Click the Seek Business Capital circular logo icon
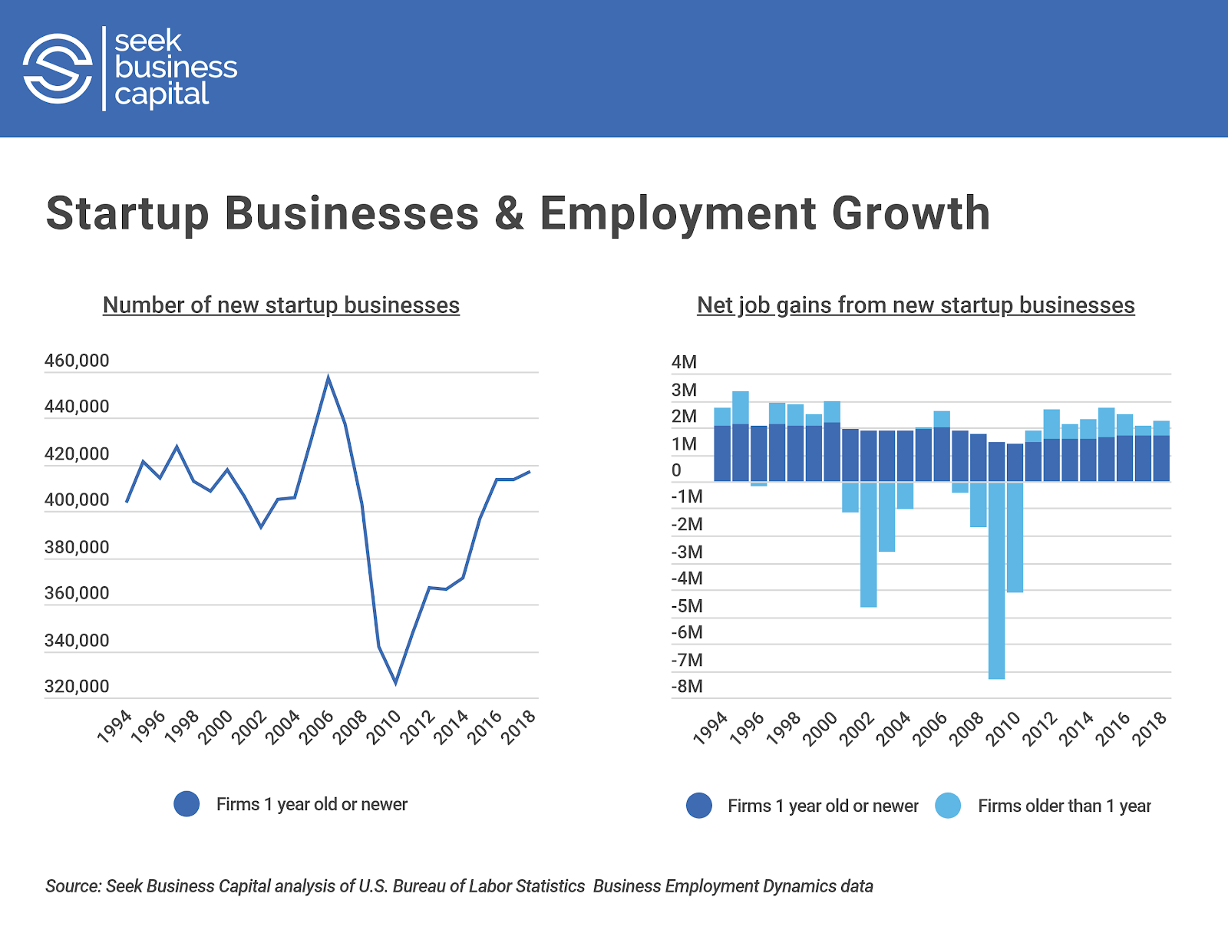58,68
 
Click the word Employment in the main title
678,213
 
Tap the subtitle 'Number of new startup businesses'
281,305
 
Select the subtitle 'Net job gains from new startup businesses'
916,305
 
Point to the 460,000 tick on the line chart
77,361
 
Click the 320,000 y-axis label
77,687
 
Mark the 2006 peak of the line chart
328,378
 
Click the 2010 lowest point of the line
395,682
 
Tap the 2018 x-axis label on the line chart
519,727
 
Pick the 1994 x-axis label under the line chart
115,727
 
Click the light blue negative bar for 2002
868,544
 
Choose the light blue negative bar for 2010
1015,536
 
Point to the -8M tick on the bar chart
687,687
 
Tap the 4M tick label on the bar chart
684,362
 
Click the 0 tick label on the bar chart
676,470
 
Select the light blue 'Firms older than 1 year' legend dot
948,806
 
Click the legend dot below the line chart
187,804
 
